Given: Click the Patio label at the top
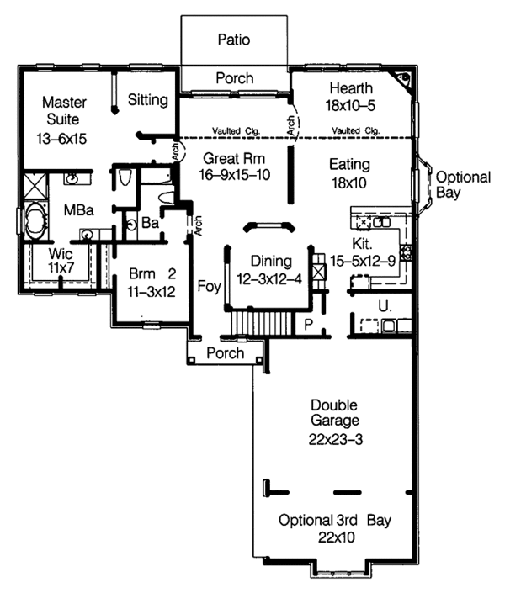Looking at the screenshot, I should [234, 39].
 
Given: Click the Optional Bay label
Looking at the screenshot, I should [462, 184].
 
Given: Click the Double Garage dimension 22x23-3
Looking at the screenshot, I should [334, 438].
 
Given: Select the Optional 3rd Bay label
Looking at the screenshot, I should [334, 519].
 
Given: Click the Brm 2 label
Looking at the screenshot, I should [146, 273].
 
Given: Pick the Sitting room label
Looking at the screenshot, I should [148, 100].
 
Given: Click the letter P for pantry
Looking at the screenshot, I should [308, 322].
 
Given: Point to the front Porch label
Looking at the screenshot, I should [225, 353].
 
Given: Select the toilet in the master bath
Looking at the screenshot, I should [123, 177].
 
